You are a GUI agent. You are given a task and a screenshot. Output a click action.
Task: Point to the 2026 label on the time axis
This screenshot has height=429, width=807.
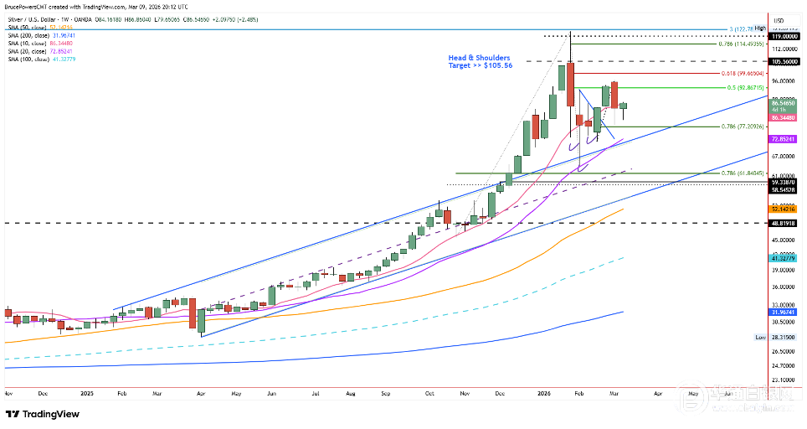pos(544,392)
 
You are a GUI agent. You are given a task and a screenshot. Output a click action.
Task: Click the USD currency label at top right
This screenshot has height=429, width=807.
pos(778,20)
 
